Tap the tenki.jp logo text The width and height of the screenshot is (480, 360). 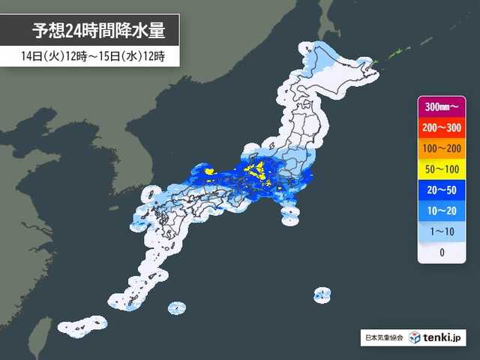(x=443, y=337)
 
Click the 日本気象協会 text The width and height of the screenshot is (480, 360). (x=382, y=338)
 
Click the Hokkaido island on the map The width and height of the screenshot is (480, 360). (x=330, y=71)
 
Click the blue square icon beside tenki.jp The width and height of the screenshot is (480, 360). (x=414, y=337)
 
